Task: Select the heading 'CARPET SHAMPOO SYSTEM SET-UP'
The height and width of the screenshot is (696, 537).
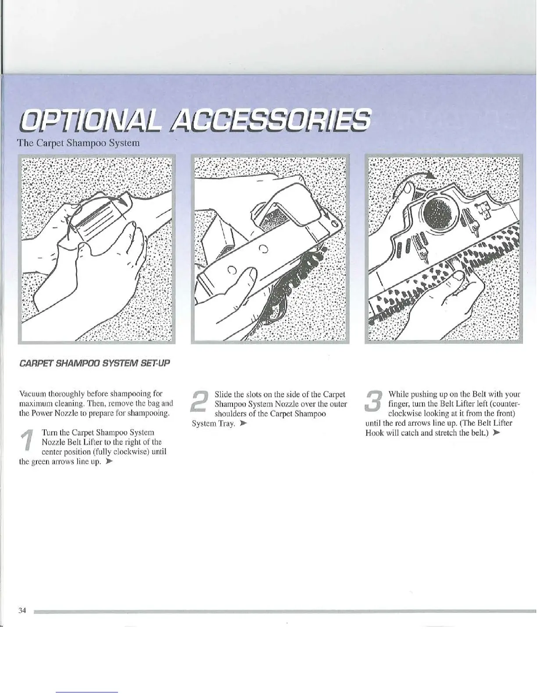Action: (94, 364)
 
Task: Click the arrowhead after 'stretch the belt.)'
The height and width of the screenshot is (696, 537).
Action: (497, 433)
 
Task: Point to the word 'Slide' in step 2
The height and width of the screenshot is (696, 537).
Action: (223, 394)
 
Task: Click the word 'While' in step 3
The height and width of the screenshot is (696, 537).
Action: (398, 394)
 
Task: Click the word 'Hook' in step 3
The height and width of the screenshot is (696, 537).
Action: (375, 433)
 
